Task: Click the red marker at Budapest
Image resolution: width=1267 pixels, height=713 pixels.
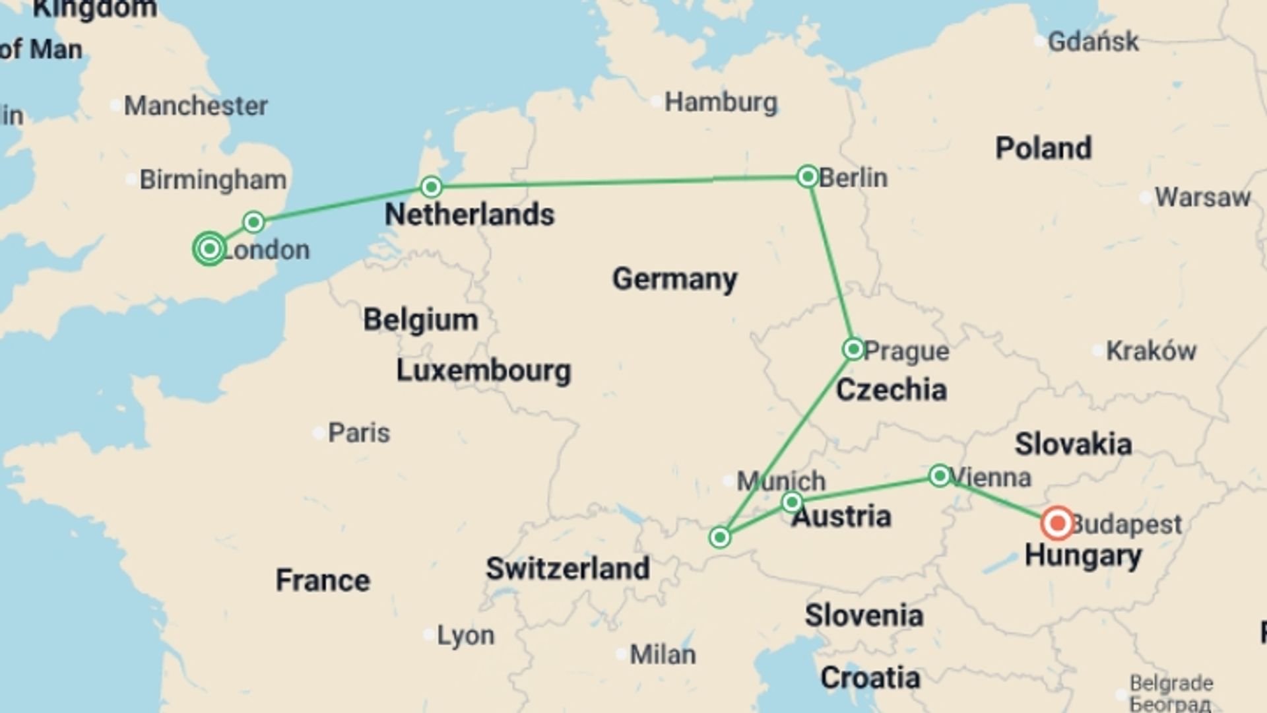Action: (x=1057, y=524)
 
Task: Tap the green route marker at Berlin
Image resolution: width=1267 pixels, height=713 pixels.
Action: (x=808, y=176)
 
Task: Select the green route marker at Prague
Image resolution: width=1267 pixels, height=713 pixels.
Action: (x=853, y=349)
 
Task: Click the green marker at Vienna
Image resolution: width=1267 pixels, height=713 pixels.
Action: (x=939, y=475)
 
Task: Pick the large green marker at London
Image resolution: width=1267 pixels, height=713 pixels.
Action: (x=209, y=249)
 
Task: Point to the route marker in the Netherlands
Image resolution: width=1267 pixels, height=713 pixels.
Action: (x=431, y=187)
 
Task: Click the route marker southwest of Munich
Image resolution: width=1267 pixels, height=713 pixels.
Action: (x=720, y=537)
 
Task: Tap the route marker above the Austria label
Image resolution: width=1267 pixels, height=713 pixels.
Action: (x=792, y=502)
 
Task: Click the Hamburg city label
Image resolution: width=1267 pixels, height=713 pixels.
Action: (x=721, y=102)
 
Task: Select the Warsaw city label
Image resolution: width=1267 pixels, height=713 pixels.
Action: (x=1202, y=197)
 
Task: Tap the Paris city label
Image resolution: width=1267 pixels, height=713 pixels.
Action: (x=359, y=433)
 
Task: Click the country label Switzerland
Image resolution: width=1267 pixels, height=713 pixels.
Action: (x=568, y=568)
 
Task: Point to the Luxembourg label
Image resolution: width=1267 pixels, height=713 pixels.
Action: (x=483, y=370)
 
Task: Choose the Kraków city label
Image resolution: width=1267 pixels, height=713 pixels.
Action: (x=1151, y=351)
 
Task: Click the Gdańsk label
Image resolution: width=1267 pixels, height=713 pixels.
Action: (x=1093, y=42)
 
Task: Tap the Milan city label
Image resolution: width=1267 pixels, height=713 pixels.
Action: (x=663, y=655)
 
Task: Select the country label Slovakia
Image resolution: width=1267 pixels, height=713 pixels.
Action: (x=1073, y=444)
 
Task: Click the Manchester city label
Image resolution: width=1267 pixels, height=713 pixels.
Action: (x=196, y=106)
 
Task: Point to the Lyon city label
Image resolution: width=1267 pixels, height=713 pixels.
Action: (x=465, y=635)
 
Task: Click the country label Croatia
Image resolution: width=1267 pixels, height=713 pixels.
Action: (x=870, y=678)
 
